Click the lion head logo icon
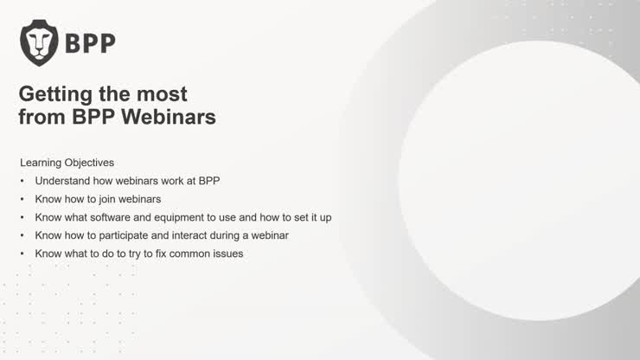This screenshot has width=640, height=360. coord(39,43)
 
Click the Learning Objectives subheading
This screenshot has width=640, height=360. coord(67,162)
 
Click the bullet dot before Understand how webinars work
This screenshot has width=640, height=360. coord(23,181)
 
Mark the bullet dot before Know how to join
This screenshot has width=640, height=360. coord(23,199)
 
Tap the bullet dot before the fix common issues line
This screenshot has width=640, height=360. coord(23,254)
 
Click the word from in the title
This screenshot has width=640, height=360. coord(40,117)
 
